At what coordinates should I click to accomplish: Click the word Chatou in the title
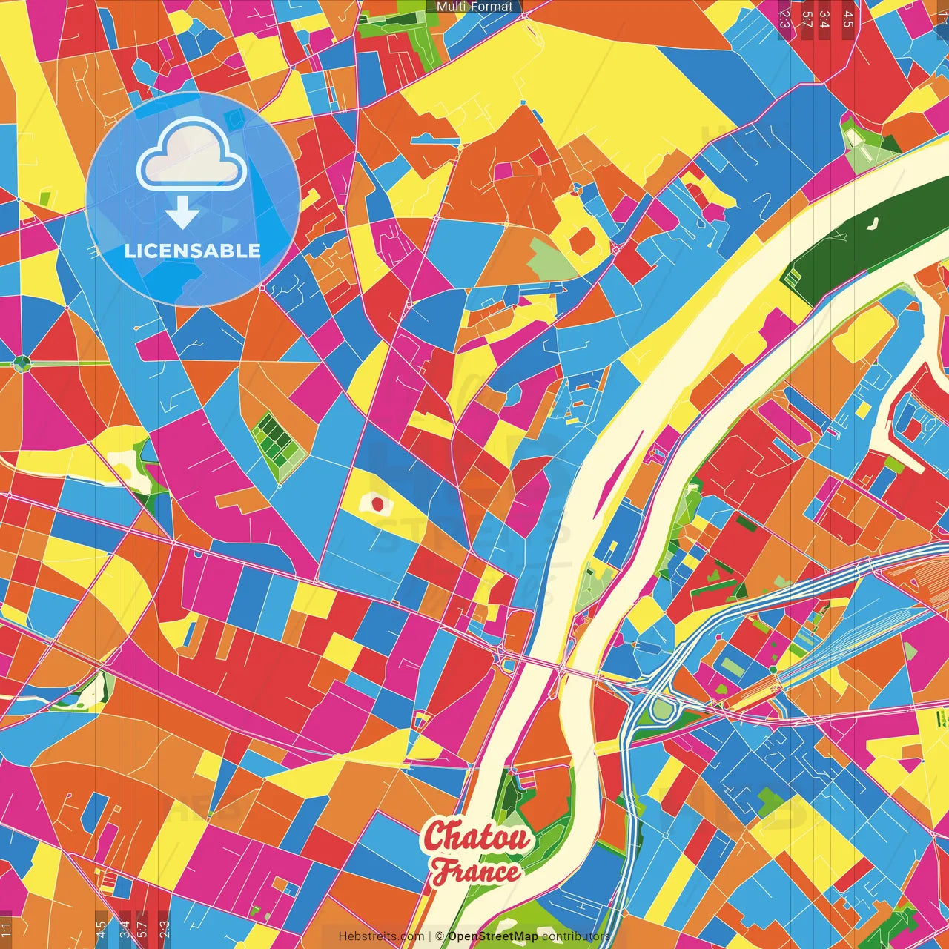click(x=477, y=837)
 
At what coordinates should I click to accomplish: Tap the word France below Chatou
click(x=476, y=871)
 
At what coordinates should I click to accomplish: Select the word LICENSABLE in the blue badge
click(x=193, y=251)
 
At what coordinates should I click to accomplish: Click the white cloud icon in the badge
click(x=191, y=155)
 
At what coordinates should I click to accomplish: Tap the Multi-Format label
click(x=474, y=7)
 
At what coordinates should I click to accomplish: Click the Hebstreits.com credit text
click(x=382, y=936)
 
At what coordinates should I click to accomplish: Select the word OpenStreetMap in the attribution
click(x=493, y=936)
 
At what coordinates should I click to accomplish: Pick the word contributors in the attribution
click(x=576, y=936)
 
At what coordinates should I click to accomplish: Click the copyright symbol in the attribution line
click(x=440, y=936)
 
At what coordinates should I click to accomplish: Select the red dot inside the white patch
click(x=377, y=504)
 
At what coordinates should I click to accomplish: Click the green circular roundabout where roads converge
click(x=22, y=363)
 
